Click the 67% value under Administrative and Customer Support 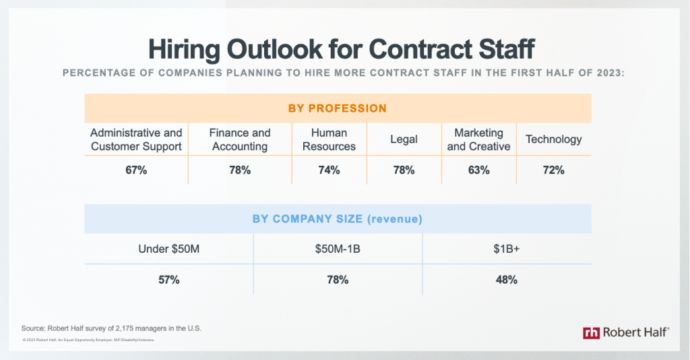[x=136, y=171]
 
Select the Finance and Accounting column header [x=239, y=140]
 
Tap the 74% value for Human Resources [x=329, y=171]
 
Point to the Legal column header [x=404, y=140]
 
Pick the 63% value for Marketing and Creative [x=478, y=171]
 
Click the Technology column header [x=553, y=140]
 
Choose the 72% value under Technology [x=553, y=171]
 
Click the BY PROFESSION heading [x=337, y=108]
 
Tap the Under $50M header [x=168, y=249]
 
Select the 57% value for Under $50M [x=168, y=280]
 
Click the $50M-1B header [x=337, y=249]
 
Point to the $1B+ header [x=506, y=249]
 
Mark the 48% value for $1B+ [x=506, y=280]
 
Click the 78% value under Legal [x=404, y=171]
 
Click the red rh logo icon [x=591, y=332]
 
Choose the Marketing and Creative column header [x=478, y=140]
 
